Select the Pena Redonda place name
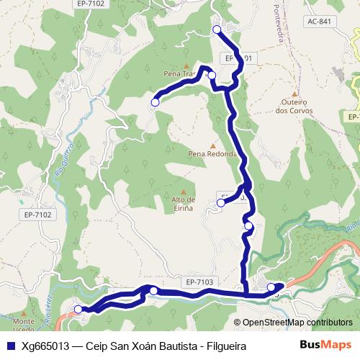click(212, 153)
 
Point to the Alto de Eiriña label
click(183, 203)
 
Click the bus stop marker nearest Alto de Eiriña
click(221, 203)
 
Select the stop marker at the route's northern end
click(217, 30)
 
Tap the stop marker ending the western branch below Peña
click(154, 103)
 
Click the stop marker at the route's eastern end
click(271, 287)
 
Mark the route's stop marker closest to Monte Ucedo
click(78, 310)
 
